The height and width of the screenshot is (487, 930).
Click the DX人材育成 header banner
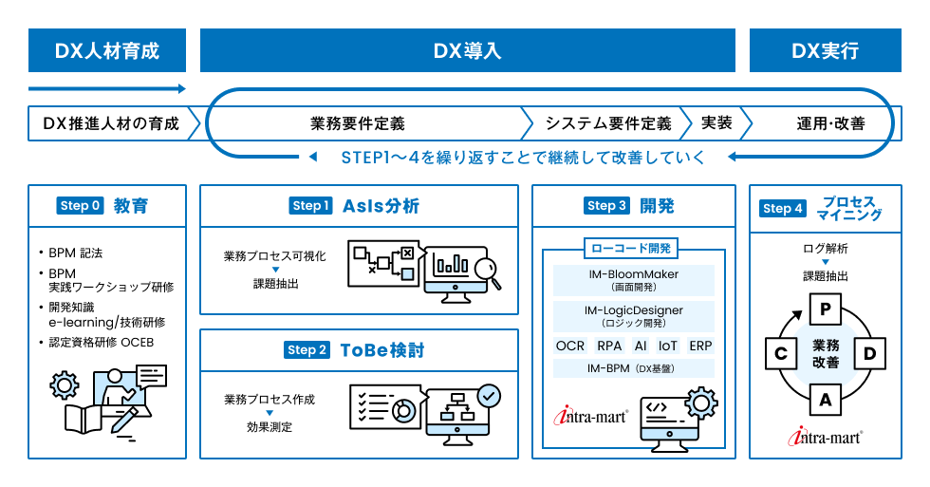tap(107, 50)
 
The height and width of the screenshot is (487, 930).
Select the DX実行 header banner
tap(826, 50)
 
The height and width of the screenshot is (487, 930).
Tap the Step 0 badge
tap(80, 206)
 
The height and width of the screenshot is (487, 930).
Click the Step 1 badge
tap(311, 206)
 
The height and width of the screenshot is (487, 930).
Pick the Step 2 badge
tap(307, 350)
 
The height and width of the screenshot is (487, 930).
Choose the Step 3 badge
tap(607, 206)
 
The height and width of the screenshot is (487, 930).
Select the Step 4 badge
tap(783, 209)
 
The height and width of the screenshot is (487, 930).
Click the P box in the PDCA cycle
tap(826, 309)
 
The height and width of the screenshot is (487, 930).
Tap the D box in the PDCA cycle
tap(869, 354)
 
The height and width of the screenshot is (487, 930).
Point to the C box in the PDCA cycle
tap(781, 354)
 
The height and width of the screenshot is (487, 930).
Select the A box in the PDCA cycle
tap(826, 400)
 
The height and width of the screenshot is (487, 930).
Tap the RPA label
tap(608, 346)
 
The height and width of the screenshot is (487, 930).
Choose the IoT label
tap(668, 346)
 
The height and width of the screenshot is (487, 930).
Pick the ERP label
tap(700, 346)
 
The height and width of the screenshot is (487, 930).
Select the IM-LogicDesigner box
tap(634, 315)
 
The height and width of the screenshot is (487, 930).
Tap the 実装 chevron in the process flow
tap(716, 123)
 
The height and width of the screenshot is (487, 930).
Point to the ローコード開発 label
tap(633, 250)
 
